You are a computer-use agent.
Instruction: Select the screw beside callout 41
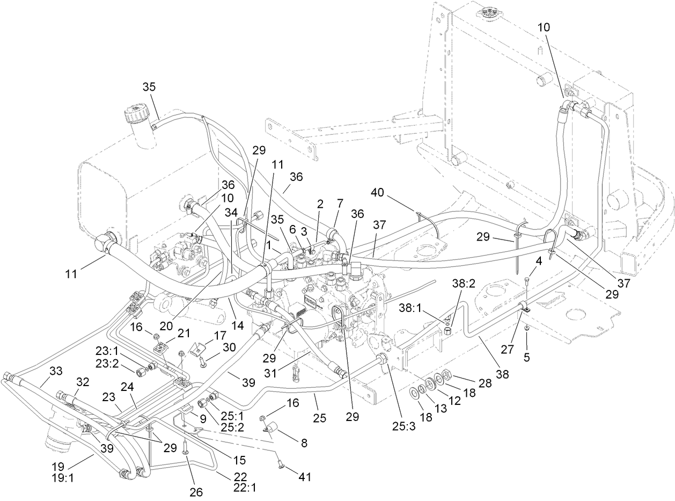point(281,467)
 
